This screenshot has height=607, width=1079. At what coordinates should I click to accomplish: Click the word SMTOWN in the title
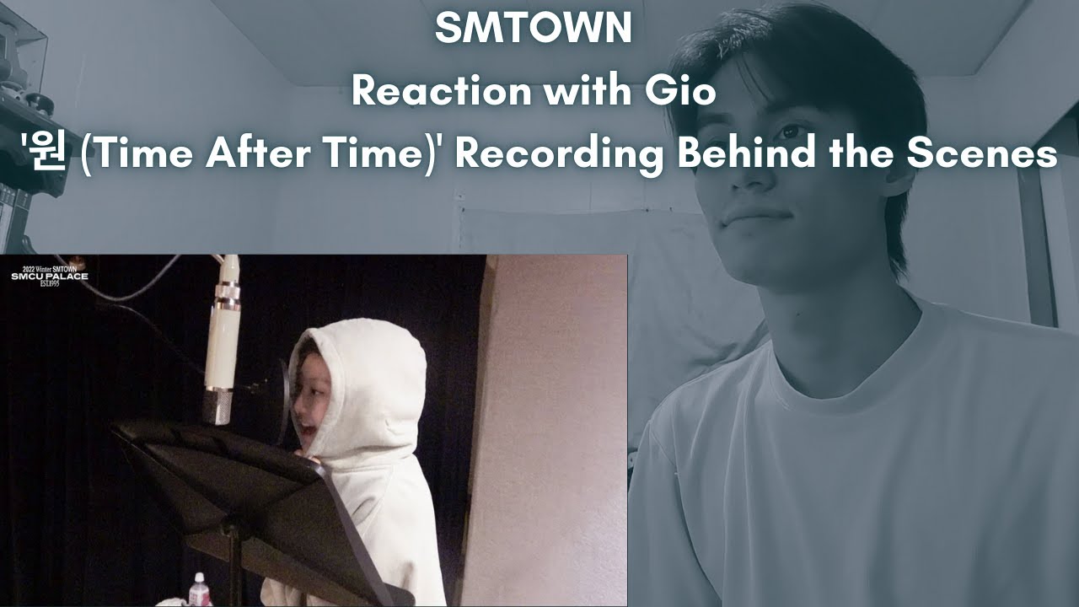[x=534, y=29]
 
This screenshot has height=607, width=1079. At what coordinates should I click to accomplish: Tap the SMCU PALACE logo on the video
[x=49, y=275]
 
